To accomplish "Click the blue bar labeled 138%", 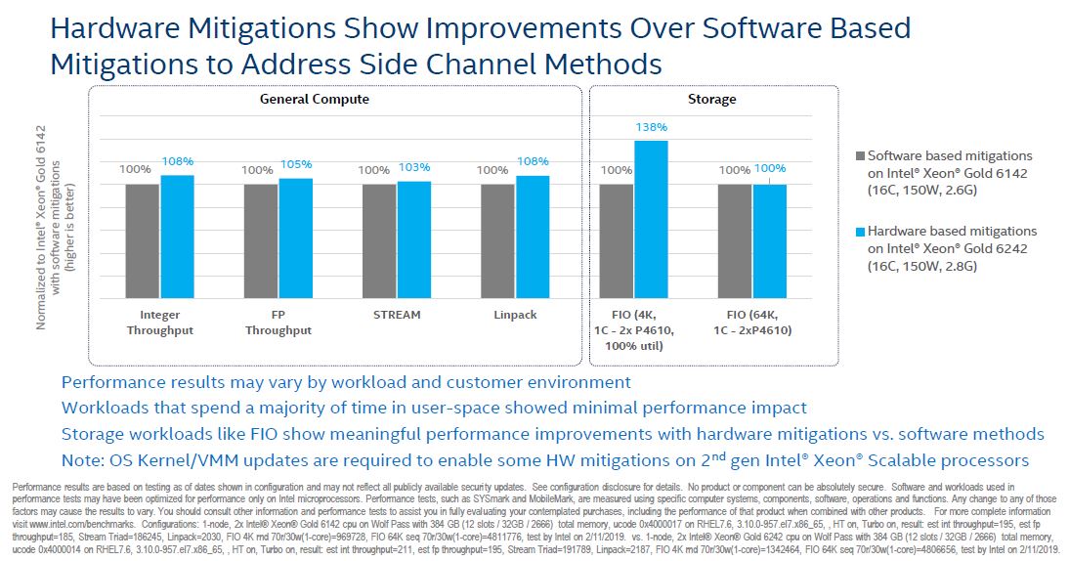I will coord(650,220).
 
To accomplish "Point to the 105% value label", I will coord(295,164).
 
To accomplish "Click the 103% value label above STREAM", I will coord(413,167).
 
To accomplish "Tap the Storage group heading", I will coord(711,99).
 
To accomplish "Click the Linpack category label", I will coord(514,315).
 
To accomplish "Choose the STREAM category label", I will coord(396,315).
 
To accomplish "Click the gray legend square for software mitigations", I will coord(859,155).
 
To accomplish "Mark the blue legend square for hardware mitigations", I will coord(859,232).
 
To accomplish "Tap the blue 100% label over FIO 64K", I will coord(769,168).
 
